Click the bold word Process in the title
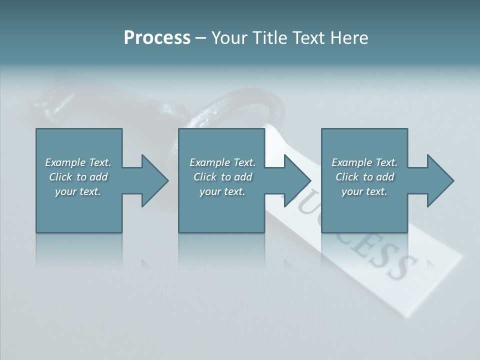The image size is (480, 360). click(157, 38)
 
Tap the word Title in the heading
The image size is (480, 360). click(268, 38)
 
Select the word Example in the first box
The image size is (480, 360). click(65, 162)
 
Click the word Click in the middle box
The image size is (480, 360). click(204, 177)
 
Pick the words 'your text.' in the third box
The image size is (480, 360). click(364, 191)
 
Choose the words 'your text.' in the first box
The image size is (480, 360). click(78, 191)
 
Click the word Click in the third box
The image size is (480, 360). click(346, 177)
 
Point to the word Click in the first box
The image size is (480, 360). click(60, 177)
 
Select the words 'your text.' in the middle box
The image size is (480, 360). click(222, 191)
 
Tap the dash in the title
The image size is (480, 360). click(200, 38)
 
